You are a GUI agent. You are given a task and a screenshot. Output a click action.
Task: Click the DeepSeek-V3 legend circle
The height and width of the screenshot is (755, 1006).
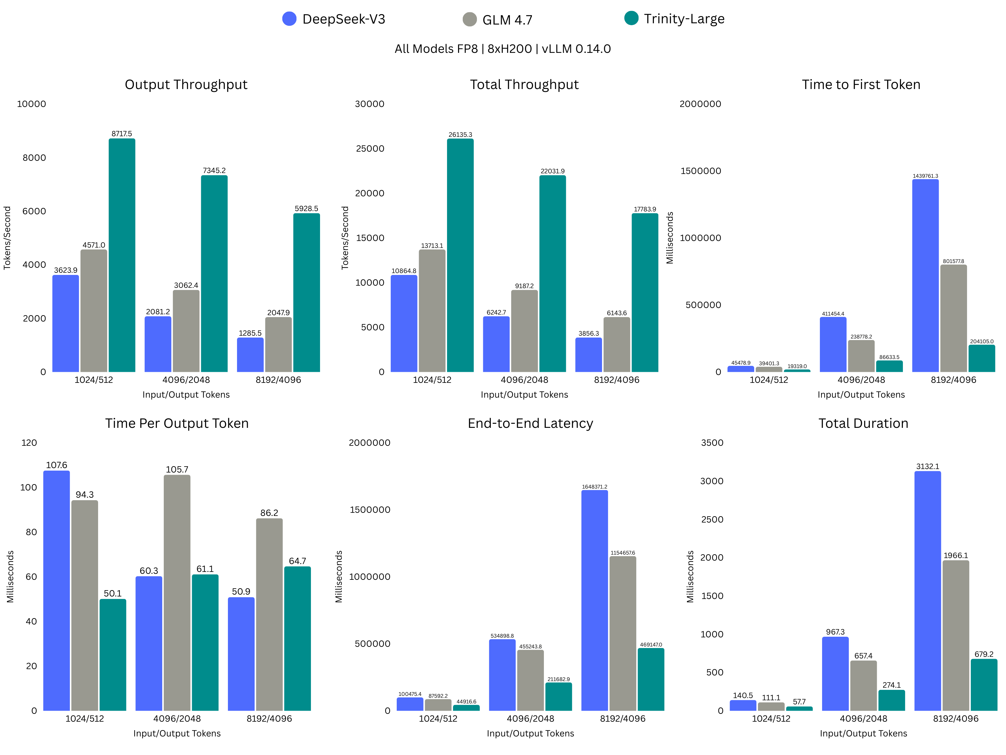click(x=289, y=19)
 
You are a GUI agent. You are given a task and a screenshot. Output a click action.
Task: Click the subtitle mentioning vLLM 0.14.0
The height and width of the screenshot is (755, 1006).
click(x=503, y=49)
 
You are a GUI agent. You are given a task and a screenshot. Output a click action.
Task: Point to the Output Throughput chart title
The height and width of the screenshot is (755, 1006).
click(x=186, y=85)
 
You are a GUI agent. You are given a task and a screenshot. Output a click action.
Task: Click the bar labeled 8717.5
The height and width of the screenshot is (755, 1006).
click(x=122, y=255)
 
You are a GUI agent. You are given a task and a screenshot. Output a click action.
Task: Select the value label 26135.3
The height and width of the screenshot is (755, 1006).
click(x=460, y=135)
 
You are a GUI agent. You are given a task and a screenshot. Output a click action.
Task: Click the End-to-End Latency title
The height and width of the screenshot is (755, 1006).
click(x=530, y=423)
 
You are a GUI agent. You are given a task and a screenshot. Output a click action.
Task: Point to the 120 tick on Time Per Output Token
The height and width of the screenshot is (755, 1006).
click(x=29, y=443)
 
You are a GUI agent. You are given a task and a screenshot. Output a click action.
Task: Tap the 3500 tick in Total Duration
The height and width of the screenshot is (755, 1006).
click(x=712, y=443)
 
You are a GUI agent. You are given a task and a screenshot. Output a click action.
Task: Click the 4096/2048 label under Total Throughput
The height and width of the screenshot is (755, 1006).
click(x=524, y=380)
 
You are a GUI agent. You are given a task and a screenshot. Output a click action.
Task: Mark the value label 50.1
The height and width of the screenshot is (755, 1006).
click(x=113, y=593)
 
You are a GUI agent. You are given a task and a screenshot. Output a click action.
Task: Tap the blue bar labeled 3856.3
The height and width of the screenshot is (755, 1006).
click(x=589, y=355)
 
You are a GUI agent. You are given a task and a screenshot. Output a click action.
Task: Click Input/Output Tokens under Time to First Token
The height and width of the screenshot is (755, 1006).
click(x=861, y=394)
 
